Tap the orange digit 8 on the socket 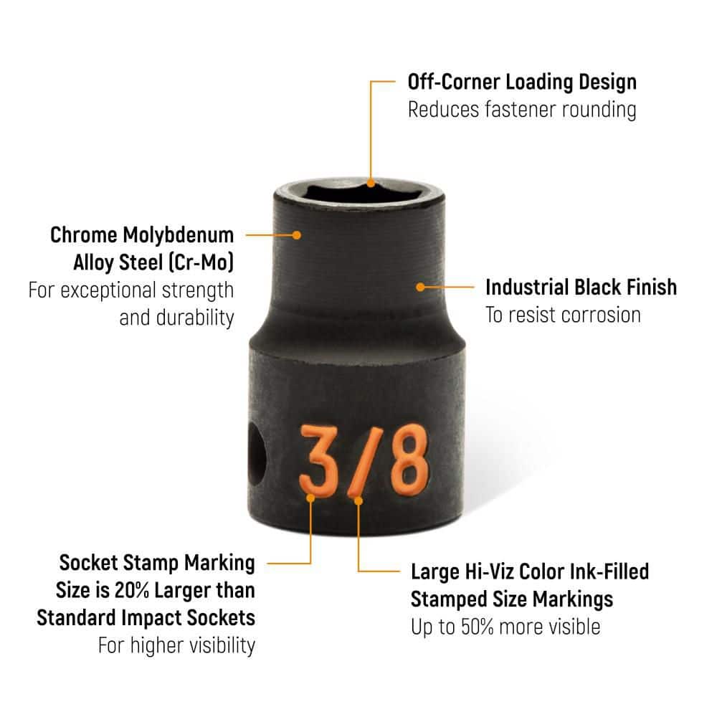pos(409,459)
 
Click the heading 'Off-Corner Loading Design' pos(522,82)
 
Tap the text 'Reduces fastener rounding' pos(522,110)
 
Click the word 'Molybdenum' pos(179,236)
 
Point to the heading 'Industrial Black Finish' pos(581,288)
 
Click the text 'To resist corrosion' pos(563,315)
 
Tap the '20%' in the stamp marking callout pos(132,590)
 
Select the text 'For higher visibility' pos(176,646)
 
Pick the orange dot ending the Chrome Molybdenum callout pos(297,235)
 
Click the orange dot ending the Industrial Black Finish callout pos(420,288)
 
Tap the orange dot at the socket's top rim pos(371,184)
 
